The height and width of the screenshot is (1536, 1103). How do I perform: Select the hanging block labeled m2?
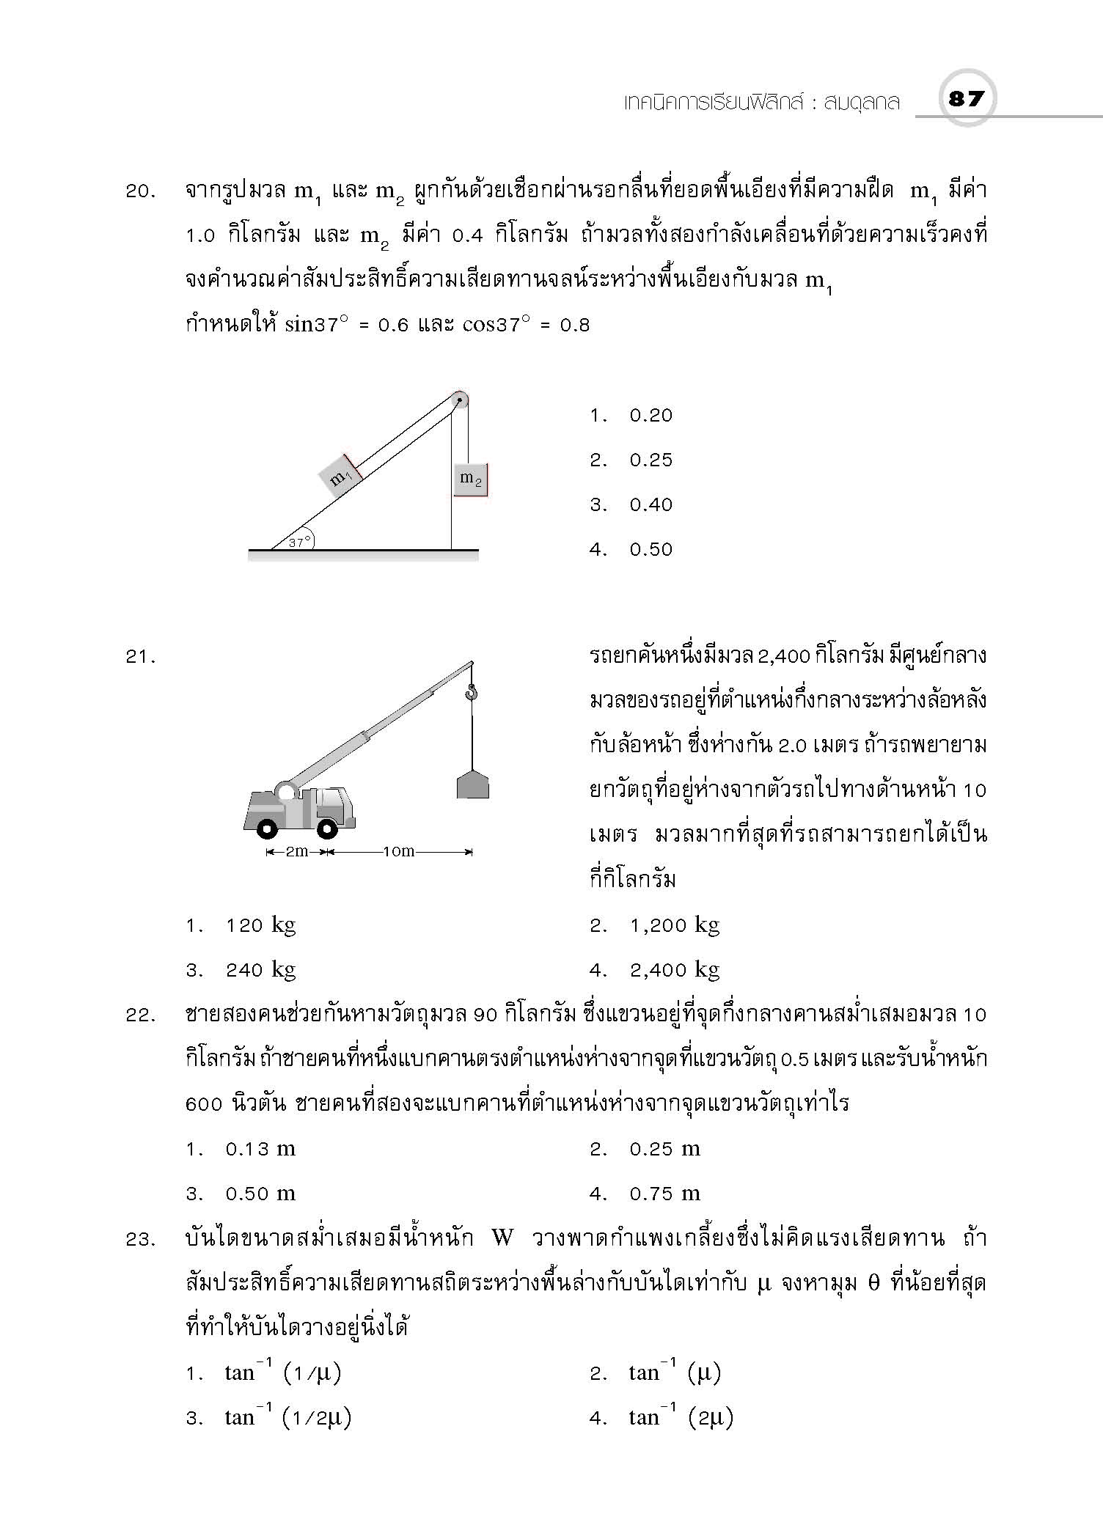(470, 479)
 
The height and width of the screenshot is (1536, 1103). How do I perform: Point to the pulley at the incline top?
(459, 400)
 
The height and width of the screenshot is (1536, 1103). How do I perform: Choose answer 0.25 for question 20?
(651, 460)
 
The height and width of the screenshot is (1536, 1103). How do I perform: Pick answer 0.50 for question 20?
(651, 550)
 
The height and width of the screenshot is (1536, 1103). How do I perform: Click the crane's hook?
(472, 691)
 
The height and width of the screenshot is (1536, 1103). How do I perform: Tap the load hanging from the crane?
(473, 784)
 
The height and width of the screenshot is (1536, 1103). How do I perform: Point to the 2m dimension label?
(296, 852)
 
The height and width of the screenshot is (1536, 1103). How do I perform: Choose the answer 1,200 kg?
(674, 926)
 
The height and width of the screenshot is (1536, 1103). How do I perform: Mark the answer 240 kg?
(260, 971)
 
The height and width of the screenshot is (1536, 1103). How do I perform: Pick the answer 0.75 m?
(664, 1194)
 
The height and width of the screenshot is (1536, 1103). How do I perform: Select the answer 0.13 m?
(260, 1150)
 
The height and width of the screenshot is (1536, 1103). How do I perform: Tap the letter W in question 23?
(502, 1239)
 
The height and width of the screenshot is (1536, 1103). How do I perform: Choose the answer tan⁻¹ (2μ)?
(681, 1418)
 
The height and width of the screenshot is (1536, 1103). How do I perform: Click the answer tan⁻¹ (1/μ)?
(282, 1373)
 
